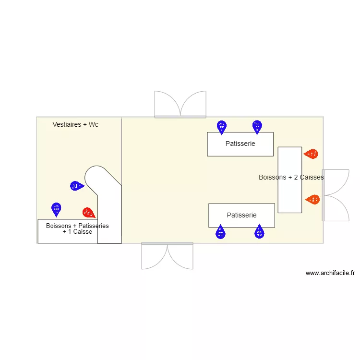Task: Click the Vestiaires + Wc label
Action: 75,124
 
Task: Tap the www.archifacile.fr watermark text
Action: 330,273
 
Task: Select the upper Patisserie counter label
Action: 240,144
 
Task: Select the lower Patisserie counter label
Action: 241,215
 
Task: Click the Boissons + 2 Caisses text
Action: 291,177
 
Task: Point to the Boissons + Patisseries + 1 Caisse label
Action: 77,228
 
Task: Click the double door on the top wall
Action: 180,105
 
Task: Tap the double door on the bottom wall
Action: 167,255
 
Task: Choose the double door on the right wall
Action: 336,195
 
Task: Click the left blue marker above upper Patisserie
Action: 221,127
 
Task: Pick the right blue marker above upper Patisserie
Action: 257,126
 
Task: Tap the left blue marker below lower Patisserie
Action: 220,232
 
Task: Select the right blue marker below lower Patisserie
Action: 259,232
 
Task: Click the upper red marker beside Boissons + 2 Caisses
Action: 311,154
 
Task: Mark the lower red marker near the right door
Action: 312,199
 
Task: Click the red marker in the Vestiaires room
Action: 88,212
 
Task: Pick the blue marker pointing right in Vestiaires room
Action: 76,185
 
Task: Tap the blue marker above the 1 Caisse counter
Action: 57,209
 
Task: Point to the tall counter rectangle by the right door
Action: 290,180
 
